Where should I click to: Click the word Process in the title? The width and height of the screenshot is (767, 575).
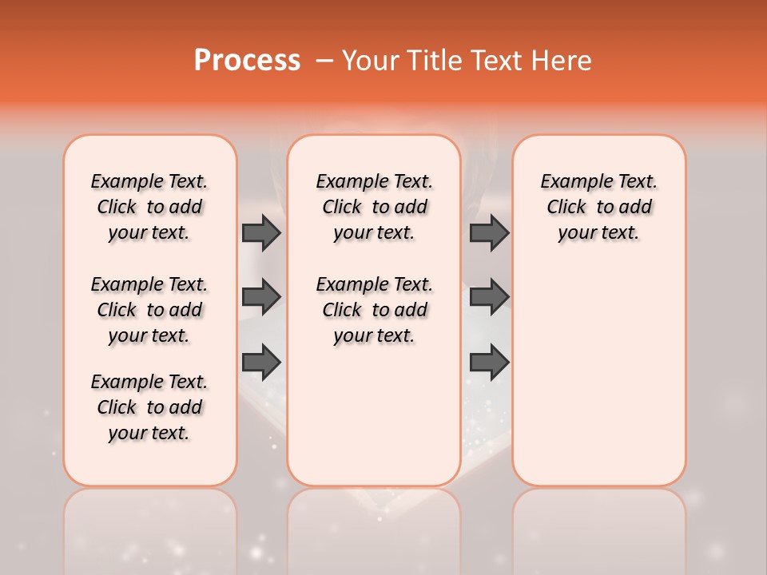(247, 61)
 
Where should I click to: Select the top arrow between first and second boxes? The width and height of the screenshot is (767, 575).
(261, 232)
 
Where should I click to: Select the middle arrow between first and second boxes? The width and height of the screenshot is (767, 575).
(261, 297)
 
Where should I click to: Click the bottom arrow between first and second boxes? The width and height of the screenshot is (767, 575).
(261, 362)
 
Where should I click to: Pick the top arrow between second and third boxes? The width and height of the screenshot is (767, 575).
(489, 232)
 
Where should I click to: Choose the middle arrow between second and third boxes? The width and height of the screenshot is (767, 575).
(489, 297)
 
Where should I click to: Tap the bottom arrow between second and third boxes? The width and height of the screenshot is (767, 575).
(489, 362)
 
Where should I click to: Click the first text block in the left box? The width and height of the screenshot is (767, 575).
(149, 207)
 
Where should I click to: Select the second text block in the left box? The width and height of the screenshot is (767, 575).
(149, 310)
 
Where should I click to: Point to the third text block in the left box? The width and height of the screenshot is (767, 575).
(149, 407)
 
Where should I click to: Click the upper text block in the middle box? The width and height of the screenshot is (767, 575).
(374, 207)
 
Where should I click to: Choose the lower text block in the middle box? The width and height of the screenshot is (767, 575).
(374, 310)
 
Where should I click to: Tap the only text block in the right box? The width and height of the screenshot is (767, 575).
(598, 207)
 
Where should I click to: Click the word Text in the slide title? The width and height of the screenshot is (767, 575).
(496, 61)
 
